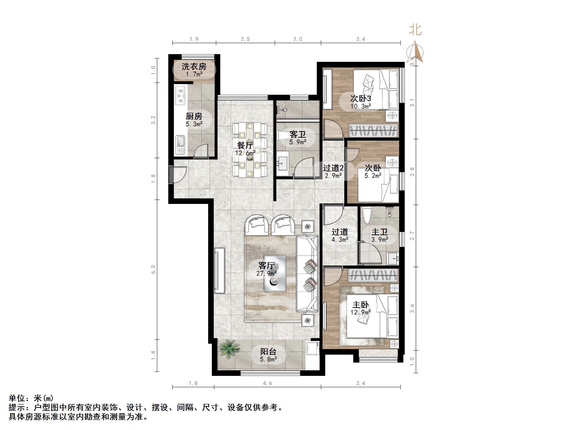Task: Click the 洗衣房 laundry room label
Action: (194, 67)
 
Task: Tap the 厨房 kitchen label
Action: (194, 116)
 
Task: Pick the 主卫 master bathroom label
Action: (379, 232)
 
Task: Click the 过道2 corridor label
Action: (333, 168)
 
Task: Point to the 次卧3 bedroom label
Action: (361, 98)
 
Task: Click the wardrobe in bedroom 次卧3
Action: (373, 130)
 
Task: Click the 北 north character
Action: (415, 30)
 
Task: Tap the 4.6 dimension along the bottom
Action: (267, 383)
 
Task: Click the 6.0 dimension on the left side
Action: (153, 269)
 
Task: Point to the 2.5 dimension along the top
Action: (245, 39)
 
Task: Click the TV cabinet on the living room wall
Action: (219, 270)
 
